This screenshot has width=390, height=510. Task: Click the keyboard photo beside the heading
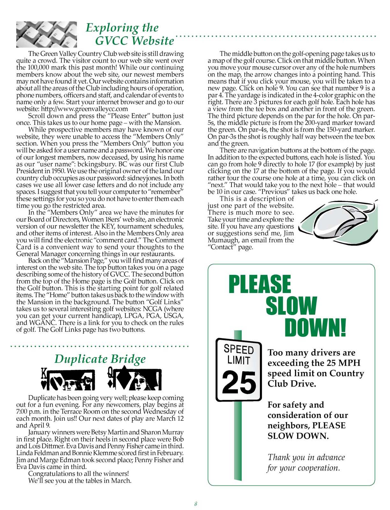47,34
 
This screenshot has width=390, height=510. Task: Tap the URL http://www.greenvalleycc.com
85,109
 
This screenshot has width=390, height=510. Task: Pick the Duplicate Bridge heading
100,359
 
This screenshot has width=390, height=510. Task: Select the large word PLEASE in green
260,284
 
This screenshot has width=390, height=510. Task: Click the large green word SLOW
291,306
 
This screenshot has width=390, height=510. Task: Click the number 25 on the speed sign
239,382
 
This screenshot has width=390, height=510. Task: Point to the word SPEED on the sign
239,349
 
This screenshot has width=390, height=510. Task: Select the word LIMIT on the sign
239,360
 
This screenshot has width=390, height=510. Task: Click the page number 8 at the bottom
195,504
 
